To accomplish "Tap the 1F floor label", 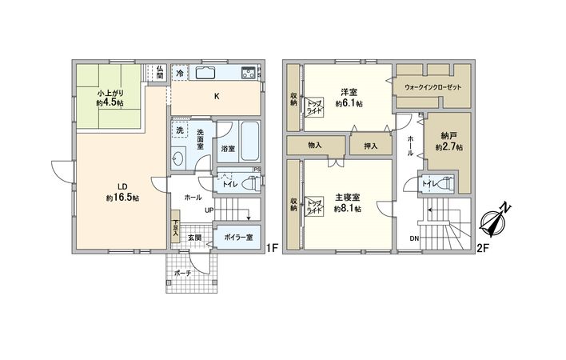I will coord(271,249).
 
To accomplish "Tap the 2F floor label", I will coord(483,249).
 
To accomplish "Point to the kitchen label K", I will coord(216,98).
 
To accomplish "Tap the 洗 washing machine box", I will coord(180,130).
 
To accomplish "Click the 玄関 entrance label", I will coord(194,237).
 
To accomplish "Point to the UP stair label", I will coord(209,210).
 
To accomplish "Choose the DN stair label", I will coord(413,238).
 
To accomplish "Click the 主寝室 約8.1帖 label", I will coord(346,203).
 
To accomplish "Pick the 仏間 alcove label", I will coord(159,73).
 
